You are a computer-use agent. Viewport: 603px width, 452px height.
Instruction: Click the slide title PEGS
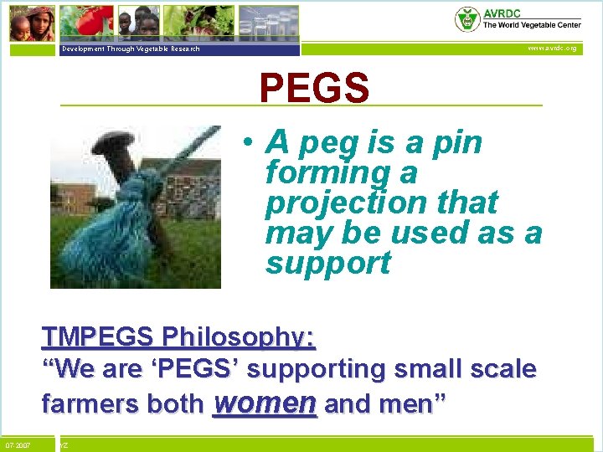[x=314, y=88]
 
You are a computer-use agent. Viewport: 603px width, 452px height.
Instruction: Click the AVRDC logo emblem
[x=466, y=18]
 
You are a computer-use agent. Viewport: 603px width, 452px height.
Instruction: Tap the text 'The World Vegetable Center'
[x=531, y=25]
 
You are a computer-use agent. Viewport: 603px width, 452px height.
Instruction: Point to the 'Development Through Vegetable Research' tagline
[x=131, y=49]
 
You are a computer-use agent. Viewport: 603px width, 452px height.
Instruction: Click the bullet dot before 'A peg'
[x=250, y=143]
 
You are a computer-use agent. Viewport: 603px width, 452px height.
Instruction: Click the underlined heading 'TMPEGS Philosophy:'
[x=178, y=337]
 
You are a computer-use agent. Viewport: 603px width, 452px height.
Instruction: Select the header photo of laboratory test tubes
[x=268, y=22]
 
